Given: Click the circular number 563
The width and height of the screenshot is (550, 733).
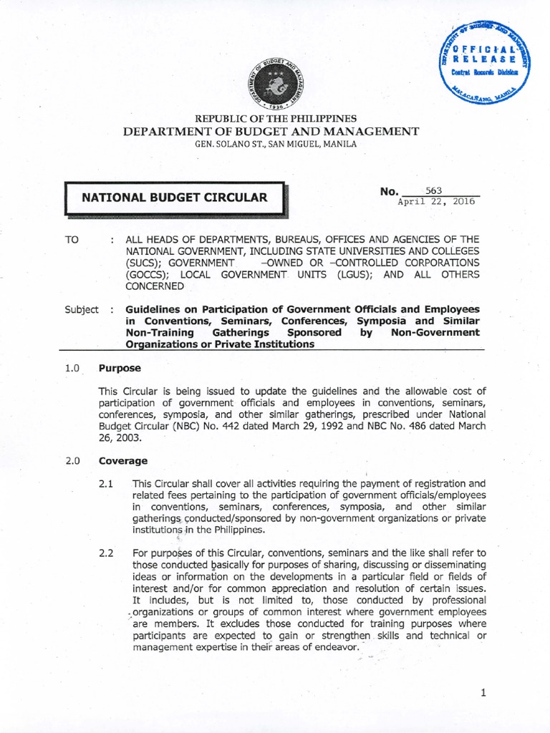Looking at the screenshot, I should (x=434, y=190).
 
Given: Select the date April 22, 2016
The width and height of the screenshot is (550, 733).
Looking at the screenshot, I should (x=437, y=201).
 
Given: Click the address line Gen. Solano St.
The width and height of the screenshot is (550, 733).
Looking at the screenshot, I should (x=275, y=144).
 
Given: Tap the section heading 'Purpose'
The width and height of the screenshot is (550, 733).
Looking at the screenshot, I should (x=120, y=368).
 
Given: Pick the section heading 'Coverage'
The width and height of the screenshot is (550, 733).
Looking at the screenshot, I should (x=123, y=461).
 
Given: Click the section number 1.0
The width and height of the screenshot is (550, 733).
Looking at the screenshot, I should (x=72, y=368).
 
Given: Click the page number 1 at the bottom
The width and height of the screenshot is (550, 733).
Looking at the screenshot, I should (x=484, y=693).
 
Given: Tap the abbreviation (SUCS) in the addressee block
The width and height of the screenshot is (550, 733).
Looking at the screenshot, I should (x=143, y=263).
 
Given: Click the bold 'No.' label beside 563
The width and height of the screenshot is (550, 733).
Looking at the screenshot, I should (x=389, y=191).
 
